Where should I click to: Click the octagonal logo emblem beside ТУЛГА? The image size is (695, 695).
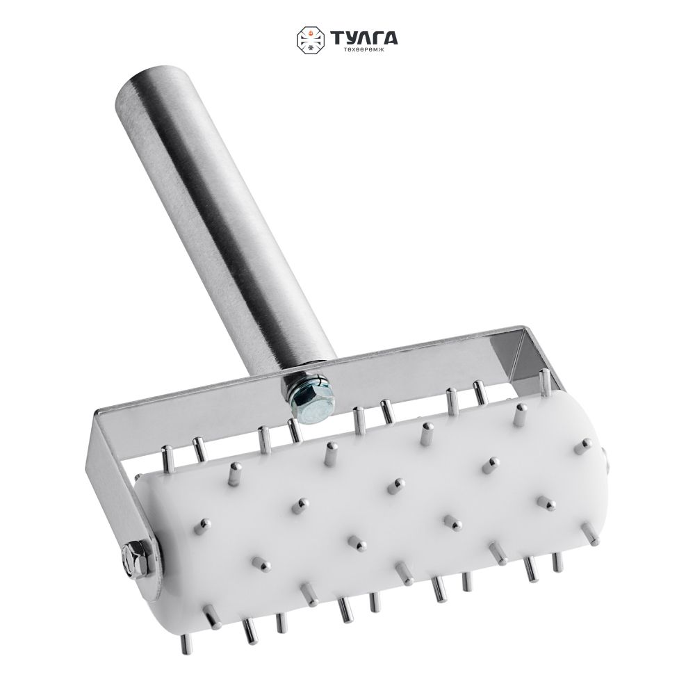click(311, 40)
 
